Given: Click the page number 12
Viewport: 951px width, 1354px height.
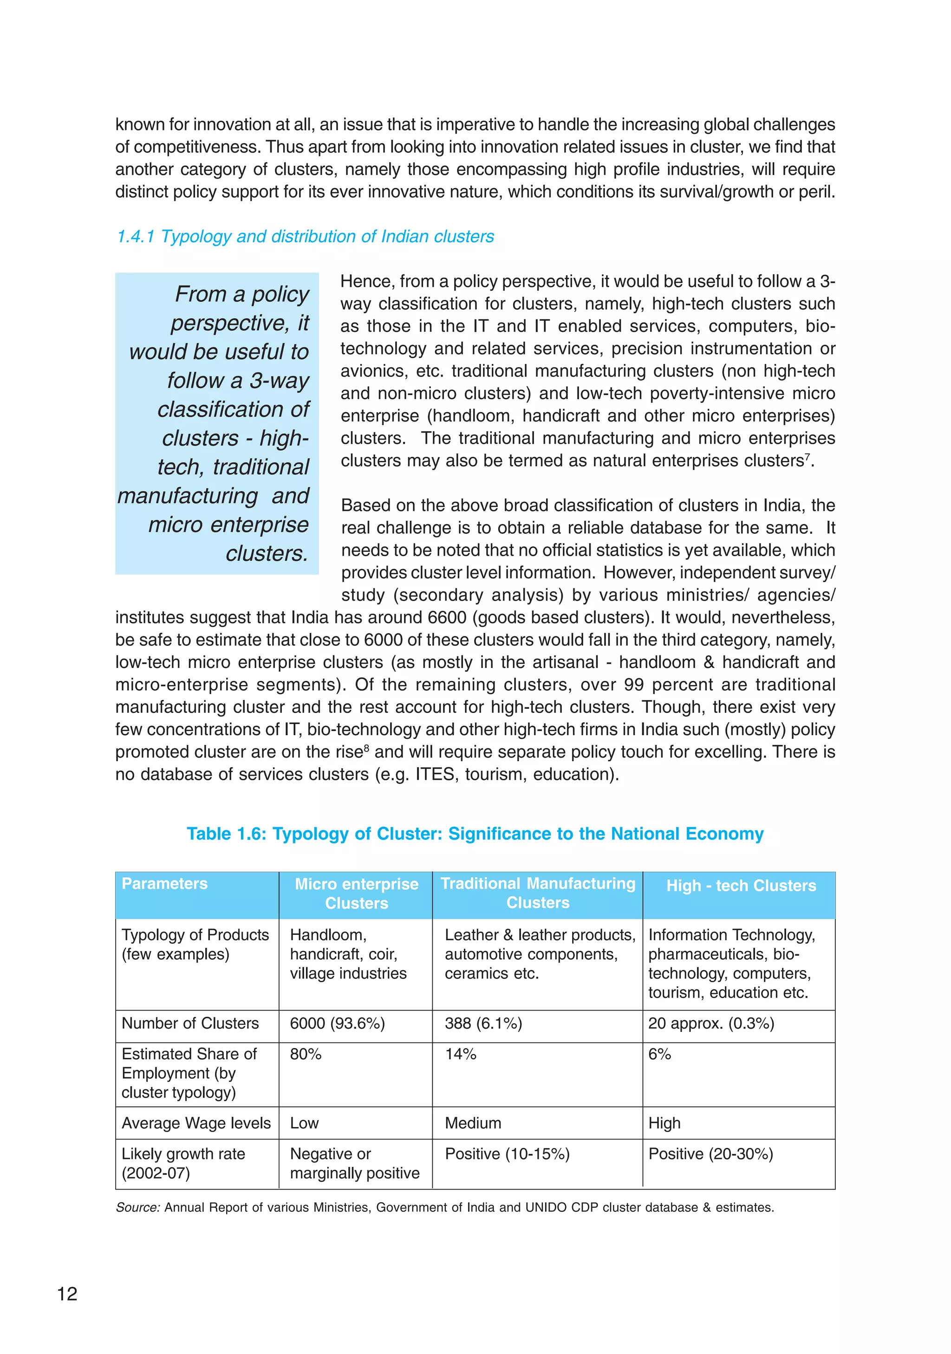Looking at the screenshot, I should (x=67, y=1294).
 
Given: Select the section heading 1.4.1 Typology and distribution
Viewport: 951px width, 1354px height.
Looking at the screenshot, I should (x=305, y=236).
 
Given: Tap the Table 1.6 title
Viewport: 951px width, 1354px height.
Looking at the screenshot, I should (x=475, y=833).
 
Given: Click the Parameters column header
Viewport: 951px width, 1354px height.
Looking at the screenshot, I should (x=164, y=883).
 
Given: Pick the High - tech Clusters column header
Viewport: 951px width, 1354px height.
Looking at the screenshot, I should (x=741, y=885).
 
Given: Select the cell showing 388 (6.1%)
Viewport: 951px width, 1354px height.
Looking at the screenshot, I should (x=483, y=1023).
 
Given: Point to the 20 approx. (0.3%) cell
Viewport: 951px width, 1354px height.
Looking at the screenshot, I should (x=711, y=1023).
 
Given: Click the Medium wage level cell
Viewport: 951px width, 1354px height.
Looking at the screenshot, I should (x=473, y=1123).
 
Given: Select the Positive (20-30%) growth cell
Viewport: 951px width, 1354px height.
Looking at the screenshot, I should (x=710, y=1153).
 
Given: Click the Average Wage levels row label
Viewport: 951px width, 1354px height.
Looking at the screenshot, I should (x=196, y=1123).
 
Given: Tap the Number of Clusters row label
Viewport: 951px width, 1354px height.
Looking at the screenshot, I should (x=190, y=1023).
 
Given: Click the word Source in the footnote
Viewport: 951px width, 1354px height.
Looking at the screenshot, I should (x=137, y=1207).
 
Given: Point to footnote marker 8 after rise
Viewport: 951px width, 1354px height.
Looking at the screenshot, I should (x=366, y=748).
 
